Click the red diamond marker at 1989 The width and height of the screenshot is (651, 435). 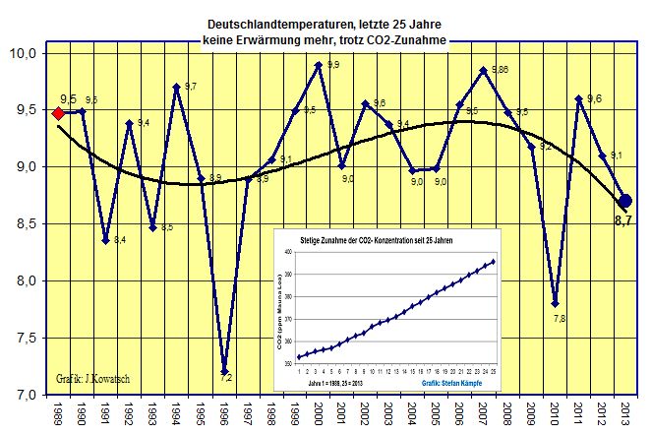tap(58, 112)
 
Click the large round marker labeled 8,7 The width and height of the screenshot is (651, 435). tap(625, 201)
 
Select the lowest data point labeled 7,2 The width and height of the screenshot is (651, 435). tap(224, 371)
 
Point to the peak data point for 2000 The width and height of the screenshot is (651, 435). tap(319, 65)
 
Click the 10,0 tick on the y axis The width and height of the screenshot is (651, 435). tap(24, 53)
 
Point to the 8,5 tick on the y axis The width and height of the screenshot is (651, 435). tap(24, 223)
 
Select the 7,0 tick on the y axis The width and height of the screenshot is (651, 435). tap(24, 395)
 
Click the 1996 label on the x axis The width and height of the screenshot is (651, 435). tap(224, 414)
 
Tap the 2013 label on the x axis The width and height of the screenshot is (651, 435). tap(626, 414)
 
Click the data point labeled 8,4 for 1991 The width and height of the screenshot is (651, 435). tap(105, 240)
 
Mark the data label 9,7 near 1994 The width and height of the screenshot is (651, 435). tap(190, 88)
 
